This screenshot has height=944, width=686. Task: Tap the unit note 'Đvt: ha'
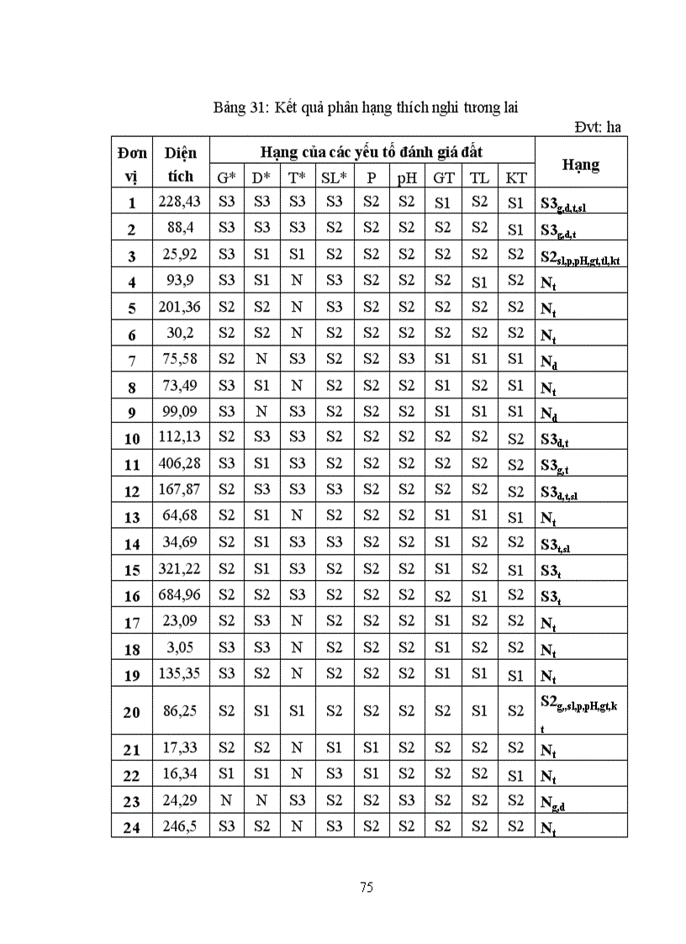pyautogui.click(x=598, y=127)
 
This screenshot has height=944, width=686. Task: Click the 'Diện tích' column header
pyautogui.click(x=180, y=164)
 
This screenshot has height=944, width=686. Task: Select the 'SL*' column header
pyautogui.click(x=334, y=177)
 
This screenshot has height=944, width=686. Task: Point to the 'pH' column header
pyautogui.click(x=407, y=177)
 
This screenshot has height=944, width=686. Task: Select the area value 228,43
pyautogui.click(x=180, y=202)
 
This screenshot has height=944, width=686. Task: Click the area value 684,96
pyautogui.click(x=180, y=596)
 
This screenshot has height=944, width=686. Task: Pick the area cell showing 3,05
pyautogui.click(x=180, y=648)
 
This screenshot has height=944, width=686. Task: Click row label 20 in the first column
pyautogui.click(x=131, y=712)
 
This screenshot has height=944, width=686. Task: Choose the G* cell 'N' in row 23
pyautogui.click(x=227, y=801)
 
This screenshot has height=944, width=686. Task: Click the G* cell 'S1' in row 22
pyautogui.click(x=227, y=774)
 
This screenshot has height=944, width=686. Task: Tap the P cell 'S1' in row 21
pyautogui.click(x=371, y=748)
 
